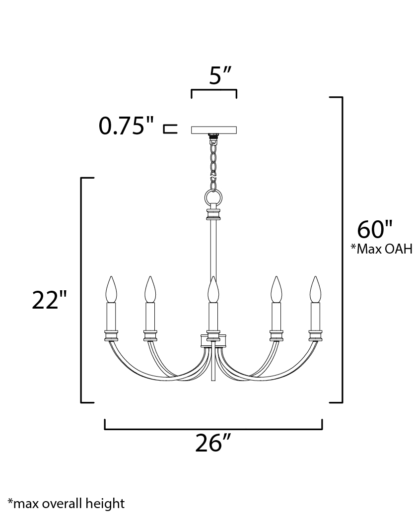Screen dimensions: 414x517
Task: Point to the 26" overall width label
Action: [x=213, y=443]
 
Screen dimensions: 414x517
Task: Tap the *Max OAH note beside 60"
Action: [x=381, y=249]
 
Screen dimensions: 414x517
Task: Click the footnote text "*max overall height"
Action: [x=66, y=503]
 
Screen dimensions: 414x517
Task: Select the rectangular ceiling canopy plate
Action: [x=214, y=130]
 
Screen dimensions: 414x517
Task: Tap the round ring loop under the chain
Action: [x=213, y=198]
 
